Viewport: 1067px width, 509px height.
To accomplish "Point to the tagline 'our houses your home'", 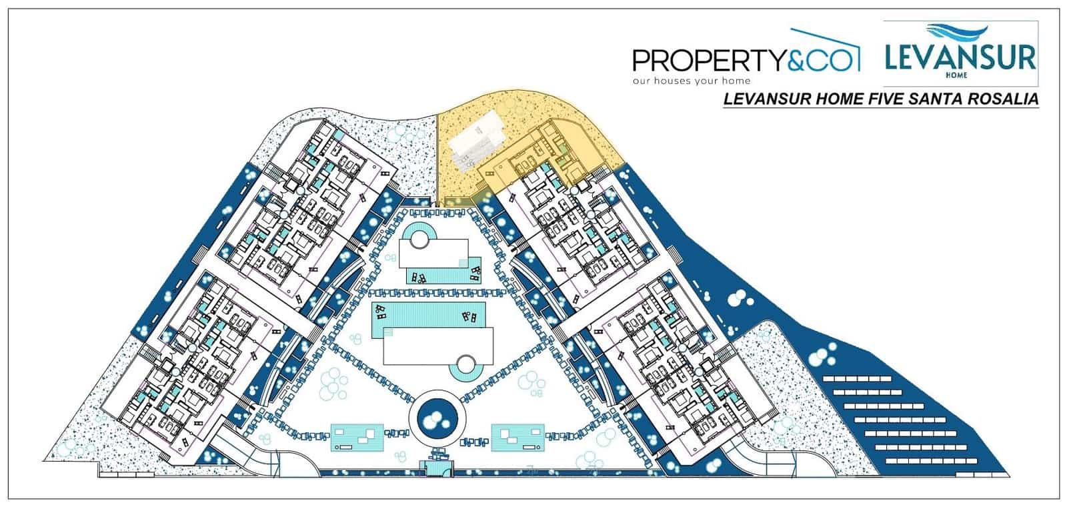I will click(x=692, y=81).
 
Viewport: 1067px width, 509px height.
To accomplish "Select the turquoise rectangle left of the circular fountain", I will click(x=357, y=438).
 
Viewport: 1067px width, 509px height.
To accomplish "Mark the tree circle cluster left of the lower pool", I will click(x=333, y=385).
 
